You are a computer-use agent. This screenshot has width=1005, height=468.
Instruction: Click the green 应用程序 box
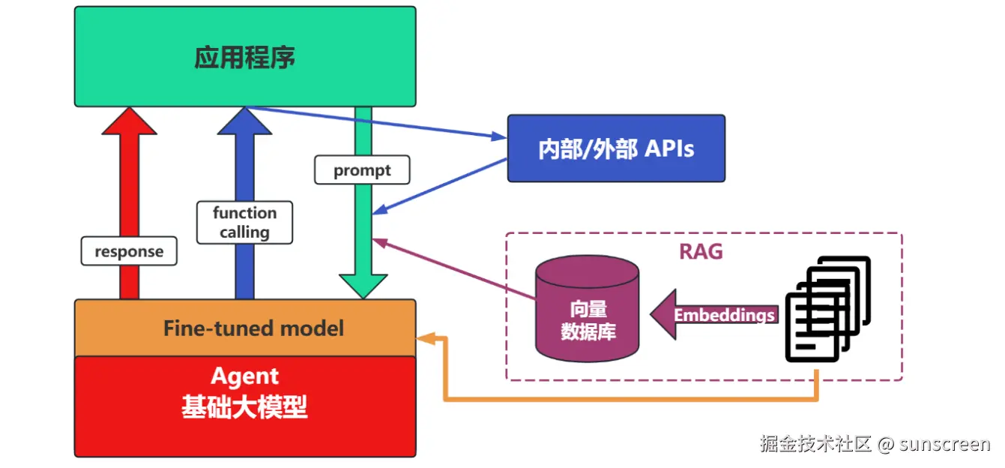[x=245, y=57]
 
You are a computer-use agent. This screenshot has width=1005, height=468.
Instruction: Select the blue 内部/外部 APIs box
[x=616, y=148]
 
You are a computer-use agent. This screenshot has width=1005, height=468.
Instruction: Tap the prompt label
[x=362, y=170]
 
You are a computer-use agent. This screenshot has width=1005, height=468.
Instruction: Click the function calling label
[x=244, y=223]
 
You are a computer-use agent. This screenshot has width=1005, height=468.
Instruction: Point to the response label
[x=129, y=252]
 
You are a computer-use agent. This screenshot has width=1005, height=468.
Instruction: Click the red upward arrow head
[x=129, y=121]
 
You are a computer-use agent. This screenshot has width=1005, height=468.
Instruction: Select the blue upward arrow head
[x=244, y=121]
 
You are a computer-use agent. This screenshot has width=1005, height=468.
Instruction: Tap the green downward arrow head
[x=363, y=286]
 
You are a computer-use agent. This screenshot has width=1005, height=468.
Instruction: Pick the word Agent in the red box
[x=245, y=376]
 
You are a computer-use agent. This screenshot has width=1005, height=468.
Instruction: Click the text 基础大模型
[x=245, y=407]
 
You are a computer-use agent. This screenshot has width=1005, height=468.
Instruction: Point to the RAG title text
[x=701, y=251]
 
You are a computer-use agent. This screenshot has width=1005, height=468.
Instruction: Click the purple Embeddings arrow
[x=712, y=315]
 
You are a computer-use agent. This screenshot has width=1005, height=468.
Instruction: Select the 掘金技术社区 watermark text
[x=815, y=444]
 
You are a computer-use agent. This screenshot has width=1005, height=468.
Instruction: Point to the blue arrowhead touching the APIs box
[x=499, y=137]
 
